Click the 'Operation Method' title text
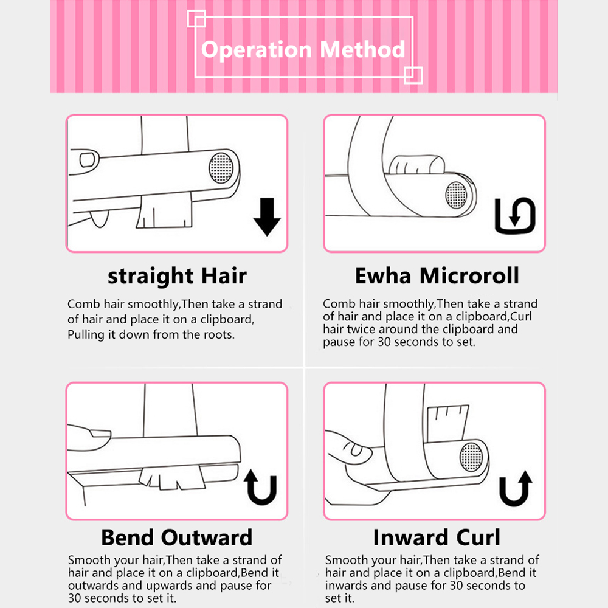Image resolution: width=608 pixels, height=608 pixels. click(x=303, y=49)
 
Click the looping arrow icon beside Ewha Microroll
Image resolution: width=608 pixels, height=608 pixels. click(x=515, y=216)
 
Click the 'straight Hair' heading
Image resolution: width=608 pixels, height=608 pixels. click(x=177, y=276)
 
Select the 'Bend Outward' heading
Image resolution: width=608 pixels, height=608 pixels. click(x=176, y=537)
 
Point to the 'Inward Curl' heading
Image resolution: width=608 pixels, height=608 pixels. click(x=437, y=537)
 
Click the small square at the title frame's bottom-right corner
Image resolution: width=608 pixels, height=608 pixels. click(x=413, y=75)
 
